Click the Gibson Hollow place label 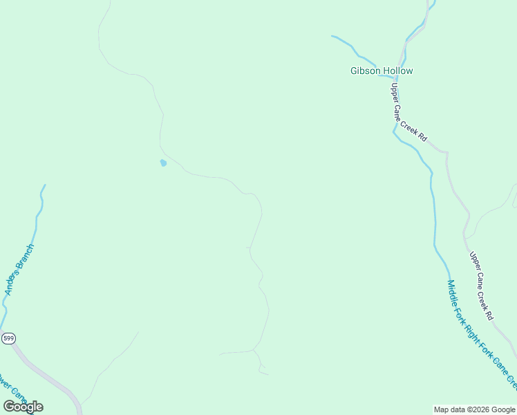(x=382, y=71)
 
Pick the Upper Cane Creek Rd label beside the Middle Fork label (x=481, y=286)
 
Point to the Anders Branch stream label (x=19, y=270)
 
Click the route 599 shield (x=8, y=338)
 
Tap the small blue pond (x=163, y=163)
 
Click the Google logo (x=23, y=406)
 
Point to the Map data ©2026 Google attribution (x=474, y=409)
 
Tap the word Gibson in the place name (x=365, y=71)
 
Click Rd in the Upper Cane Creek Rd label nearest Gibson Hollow (x=422, y=135)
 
